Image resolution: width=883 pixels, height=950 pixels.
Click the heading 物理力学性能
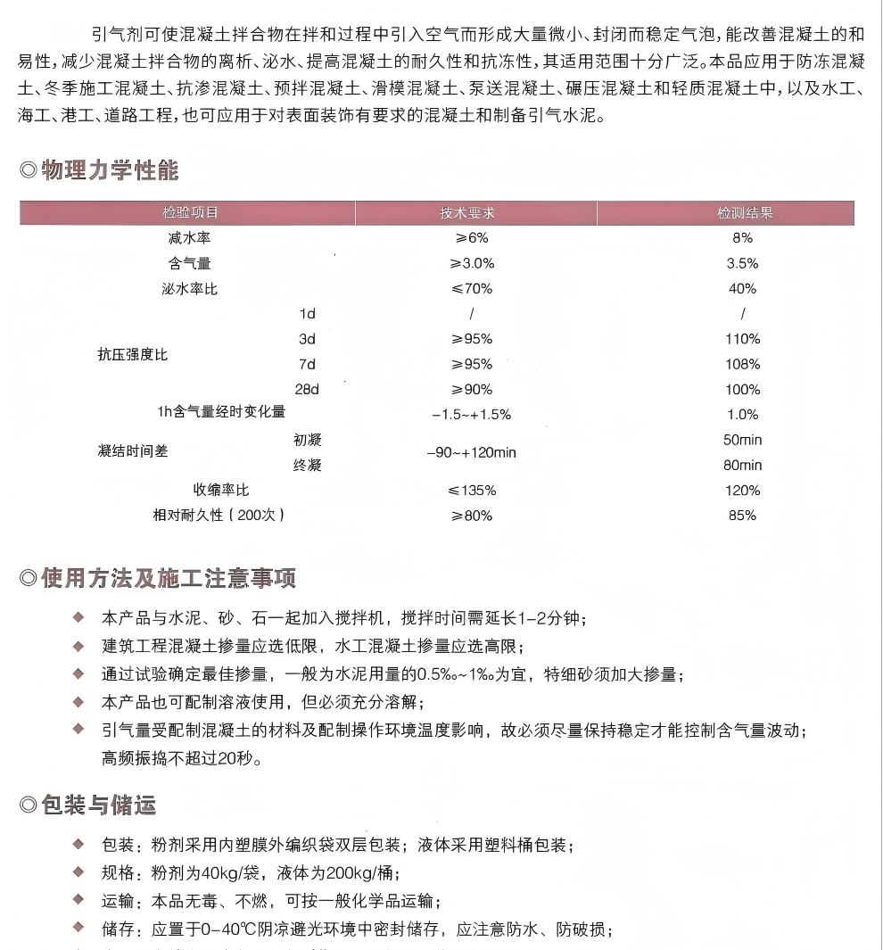tap(110, 170)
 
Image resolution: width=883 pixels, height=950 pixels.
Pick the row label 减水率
tap(189, 238)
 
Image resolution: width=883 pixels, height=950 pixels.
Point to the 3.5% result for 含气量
tap(742, 263)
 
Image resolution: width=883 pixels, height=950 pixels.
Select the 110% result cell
tap(742, 339)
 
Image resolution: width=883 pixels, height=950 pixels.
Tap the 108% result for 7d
tap(742, 364)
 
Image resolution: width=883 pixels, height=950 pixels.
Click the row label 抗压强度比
tap(132, 355)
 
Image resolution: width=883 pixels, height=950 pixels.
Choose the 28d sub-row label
tap(307, 390)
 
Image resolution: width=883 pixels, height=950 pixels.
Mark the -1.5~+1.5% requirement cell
tap(471, 415)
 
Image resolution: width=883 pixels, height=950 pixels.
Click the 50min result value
tap(743, 440)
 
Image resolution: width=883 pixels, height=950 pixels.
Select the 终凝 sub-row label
tap(307, 465)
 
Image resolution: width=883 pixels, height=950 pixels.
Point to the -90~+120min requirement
tap(471, 452)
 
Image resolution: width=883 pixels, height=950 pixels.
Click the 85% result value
tap(742, 516)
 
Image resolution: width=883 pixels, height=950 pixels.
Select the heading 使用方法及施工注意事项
tap(169, 578)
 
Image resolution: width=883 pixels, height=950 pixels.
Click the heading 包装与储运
tap(98, 806)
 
